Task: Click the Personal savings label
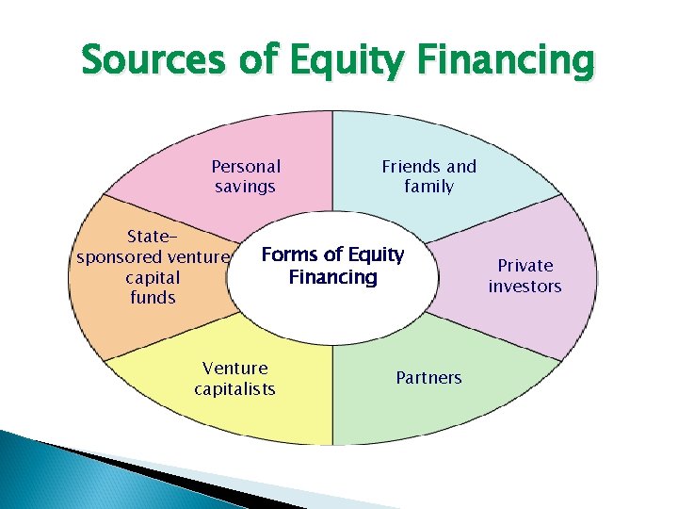coord(246,176)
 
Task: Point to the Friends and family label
coord(428,176)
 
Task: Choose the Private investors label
coord(525,275)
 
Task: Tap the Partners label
coord(428,378)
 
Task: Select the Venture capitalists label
coord(235,378)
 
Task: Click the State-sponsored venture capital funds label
coord(153,267)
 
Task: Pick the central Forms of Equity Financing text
coord(332,266)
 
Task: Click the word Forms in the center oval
coord(289,254)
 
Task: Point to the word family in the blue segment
coord(428,187)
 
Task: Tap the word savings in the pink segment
coord(245,187)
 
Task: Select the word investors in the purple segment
coord(525,286)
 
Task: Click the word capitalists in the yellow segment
coord(235,388)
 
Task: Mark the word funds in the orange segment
coord(153,298)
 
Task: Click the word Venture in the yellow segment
coord(235,368)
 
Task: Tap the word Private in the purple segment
coord(525,265)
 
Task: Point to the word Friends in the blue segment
coord(411,166)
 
